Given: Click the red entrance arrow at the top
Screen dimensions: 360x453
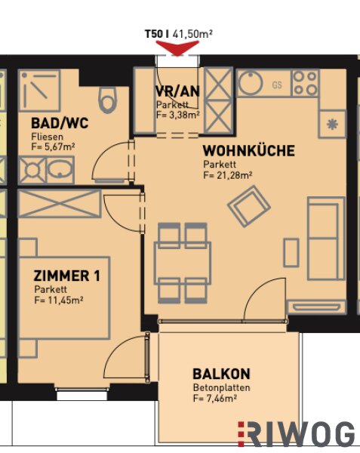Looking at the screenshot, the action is tap(177, 48).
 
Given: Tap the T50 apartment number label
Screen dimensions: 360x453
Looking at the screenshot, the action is tap(154, 34).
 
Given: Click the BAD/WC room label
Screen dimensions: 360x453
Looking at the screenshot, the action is tap(60, 123).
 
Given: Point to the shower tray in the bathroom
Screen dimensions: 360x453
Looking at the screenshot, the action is tap(39, 90).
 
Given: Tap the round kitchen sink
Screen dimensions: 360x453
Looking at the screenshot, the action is tap(251, 82).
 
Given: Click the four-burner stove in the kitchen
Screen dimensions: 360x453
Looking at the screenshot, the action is tap(306, 84).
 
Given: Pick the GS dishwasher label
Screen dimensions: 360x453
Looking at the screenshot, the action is tap(277, 85).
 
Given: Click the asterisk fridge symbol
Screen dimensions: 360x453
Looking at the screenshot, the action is tap(332, 125).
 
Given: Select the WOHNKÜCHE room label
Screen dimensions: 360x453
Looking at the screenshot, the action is tap(248, 151).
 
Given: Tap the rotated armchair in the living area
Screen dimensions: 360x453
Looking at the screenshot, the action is tap(249, 206).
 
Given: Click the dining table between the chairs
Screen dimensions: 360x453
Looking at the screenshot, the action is tap(183, 263).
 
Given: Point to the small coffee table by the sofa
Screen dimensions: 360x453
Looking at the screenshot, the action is tap(291, 252).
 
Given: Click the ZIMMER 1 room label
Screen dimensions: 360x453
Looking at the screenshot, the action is tap(66, 276).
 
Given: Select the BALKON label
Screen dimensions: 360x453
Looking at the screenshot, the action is tap(221, 374).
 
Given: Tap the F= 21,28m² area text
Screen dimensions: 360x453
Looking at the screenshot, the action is tap(228, 175).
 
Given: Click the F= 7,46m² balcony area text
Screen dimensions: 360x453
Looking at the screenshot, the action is tap(215, 399).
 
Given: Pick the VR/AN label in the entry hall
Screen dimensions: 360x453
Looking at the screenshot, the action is tap(177, 91).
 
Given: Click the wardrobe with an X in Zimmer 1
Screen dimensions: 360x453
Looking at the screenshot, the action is tap(60, 203).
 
